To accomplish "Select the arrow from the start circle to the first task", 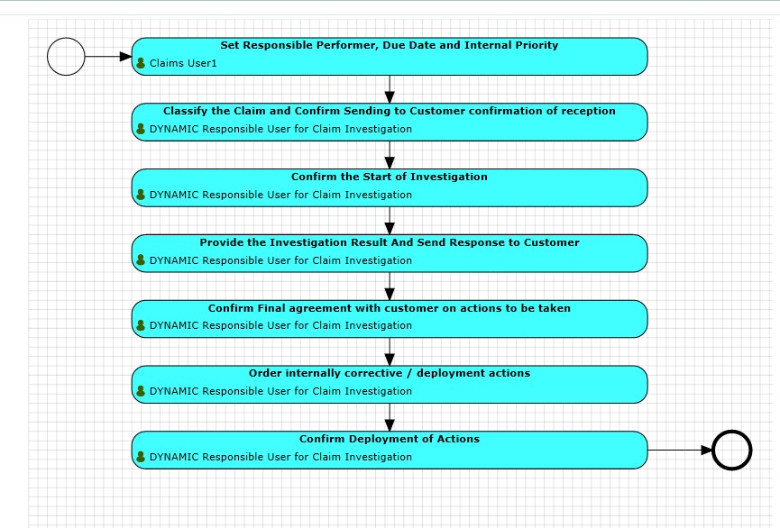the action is pos(108,57).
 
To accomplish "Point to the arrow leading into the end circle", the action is pos(680,450).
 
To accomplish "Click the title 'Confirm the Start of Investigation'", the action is pos(390,177).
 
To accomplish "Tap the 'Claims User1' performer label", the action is pos(183,63).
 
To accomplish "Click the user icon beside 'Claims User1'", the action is pos(141,63).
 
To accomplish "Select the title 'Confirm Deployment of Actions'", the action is pos(390,439).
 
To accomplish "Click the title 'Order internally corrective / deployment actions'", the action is pos(390,373).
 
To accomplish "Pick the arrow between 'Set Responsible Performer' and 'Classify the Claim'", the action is pos(390,89).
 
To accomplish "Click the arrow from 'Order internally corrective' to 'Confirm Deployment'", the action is pos(390,417).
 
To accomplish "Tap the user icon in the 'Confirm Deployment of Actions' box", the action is pos(141,457).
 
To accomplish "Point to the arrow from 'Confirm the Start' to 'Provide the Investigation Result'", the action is pos(390,221).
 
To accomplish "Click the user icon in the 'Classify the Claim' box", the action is pos(141,129).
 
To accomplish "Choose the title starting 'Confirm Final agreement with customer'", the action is pos(390,308).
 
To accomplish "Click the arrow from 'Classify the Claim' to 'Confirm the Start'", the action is pos(390,155).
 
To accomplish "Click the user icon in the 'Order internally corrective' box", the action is pos(141,391).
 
